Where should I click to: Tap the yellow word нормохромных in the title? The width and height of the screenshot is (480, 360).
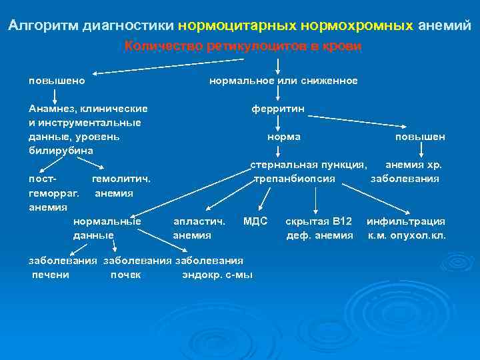click(x=357, y=26)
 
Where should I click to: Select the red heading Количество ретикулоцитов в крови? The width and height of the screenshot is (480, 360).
click(x=243, y=46)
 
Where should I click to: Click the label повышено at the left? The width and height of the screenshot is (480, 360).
click(x=56, y=81)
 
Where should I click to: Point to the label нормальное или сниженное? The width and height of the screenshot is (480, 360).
click(x=283, y=81)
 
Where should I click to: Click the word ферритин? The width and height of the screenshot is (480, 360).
click(x=278, y=108)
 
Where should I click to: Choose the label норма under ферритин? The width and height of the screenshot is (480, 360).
click(x=283, y=137)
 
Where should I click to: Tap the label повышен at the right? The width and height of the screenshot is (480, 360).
click(x=420, y=137)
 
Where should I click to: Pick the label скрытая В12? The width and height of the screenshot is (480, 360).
click(x=319, y=221)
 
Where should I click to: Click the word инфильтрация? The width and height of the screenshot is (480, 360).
click(x=406, y=221)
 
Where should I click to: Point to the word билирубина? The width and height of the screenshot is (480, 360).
click(x=61, y=150)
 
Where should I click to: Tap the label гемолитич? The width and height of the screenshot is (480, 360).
click(x=121, y=179)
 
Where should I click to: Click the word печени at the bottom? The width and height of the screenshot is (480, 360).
click(x=51, y=274)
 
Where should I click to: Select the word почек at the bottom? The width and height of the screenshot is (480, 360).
click(x=125, y=274)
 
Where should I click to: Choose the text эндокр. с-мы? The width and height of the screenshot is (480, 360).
click(x=217, y=274)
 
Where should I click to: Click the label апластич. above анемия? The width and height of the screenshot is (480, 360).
click(x=199, y=221)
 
